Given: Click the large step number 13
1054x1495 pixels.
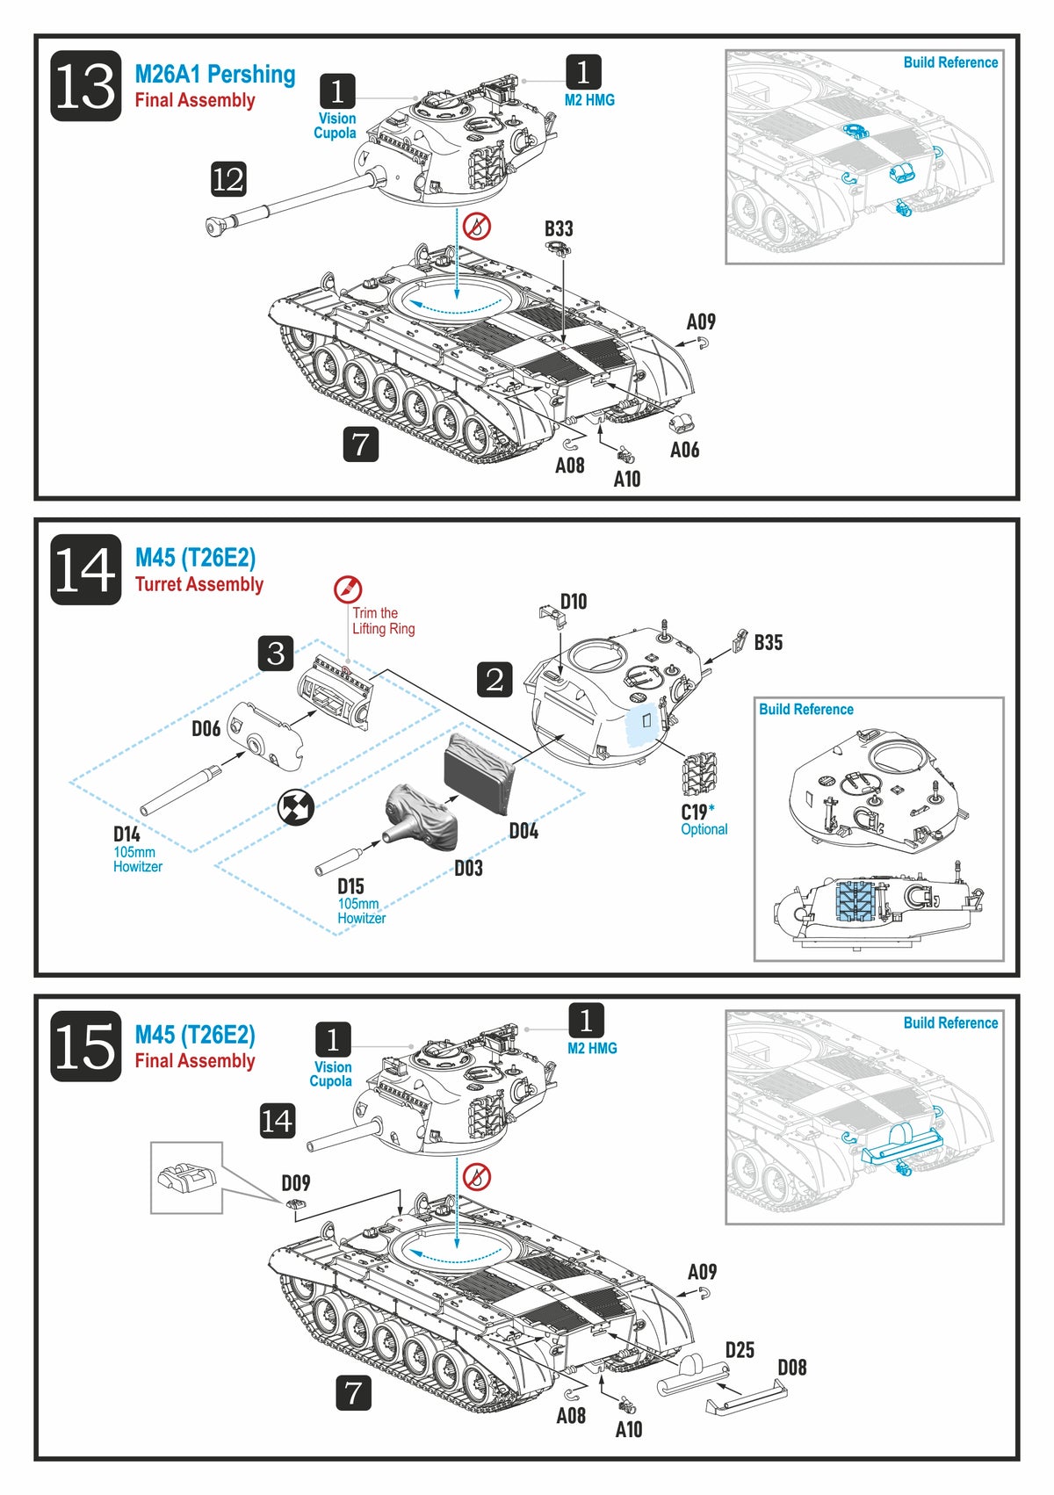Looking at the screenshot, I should (85, 86).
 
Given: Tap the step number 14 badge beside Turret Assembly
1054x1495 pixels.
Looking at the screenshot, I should (85, 569).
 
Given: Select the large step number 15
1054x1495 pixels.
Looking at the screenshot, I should (85, 1045).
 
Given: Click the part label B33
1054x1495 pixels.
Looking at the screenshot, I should (559, 229).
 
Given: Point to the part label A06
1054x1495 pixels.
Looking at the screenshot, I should (684, 451).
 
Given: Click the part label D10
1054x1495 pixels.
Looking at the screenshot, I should (574, 602).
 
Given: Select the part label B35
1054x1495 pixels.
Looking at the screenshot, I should (768, 643).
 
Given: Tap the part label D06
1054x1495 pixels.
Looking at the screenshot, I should (206, 729).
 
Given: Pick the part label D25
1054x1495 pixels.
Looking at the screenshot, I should (740, 1350).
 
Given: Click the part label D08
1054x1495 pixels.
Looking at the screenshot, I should (791, 1368).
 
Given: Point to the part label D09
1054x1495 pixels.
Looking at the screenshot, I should (295, 1183).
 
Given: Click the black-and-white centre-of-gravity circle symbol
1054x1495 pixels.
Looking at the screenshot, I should (296, 807).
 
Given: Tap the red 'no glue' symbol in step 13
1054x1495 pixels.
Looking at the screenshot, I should (477, 226).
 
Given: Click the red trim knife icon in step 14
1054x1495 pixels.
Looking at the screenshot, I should (348, 589).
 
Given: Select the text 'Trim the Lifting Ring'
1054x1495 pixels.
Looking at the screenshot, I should (383, 621).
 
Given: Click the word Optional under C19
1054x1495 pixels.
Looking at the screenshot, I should (704, 829).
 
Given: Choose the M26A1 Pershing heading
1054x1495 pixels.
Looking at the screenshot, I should (214, 75).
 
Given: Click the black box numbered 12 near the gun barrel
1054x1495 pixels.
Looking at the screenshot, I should (228, 179).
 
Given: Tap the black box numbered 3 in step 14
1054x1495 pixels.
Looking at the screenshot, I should (276, 654).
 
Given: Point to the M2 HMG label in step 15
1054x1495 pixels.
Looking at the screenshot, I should (592, 1048).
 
